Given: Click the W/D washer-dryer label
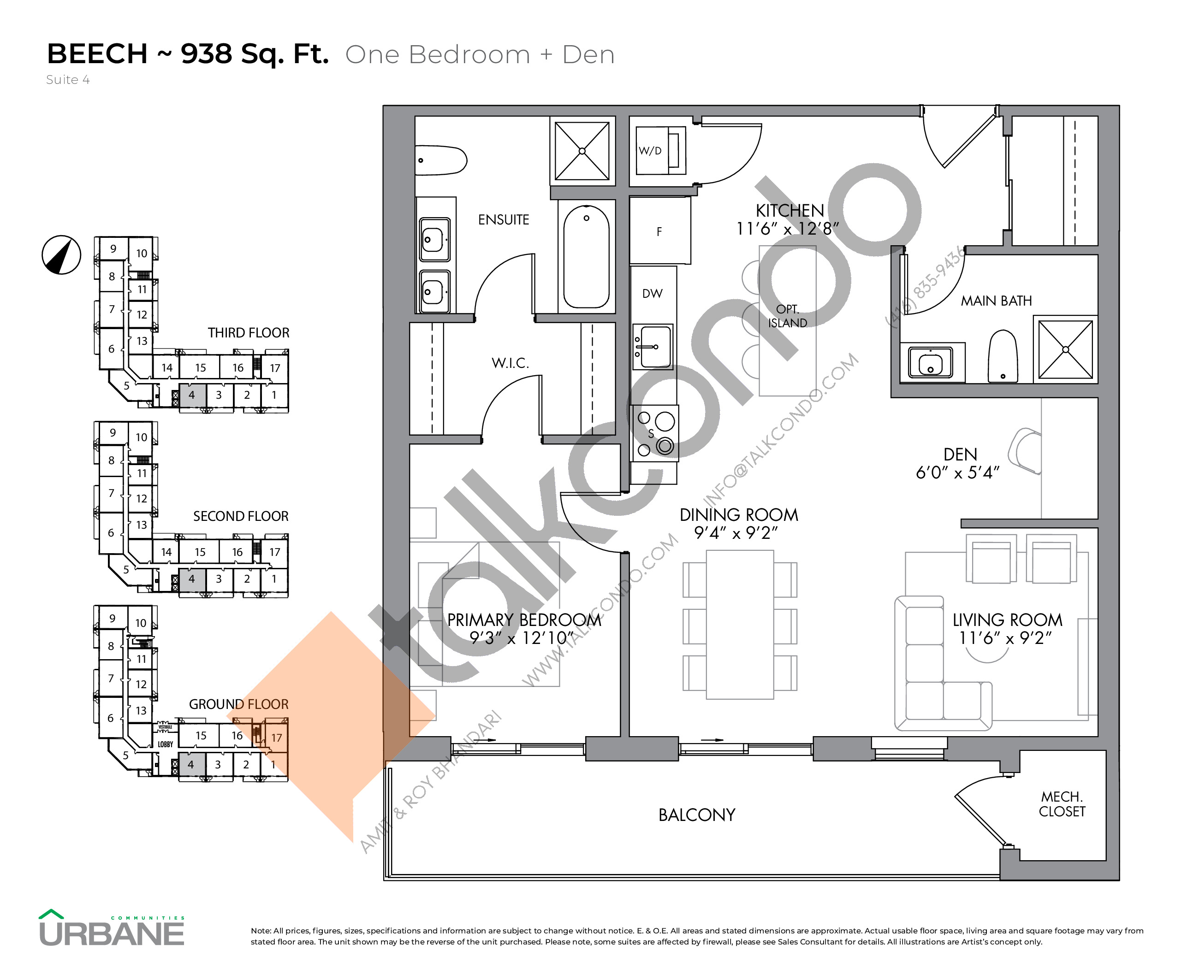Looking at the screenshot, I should coord(650,151).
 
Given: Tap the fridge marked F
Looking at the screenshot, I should coord(659,231).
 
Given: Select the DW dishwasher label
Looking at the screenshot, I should coord(652,293).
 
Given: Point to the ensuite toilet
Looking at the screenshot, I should coord(441,160).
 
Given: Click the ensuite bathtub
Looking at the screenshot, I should coord(586,256).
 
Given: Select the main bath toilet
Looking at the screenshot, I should coord(1003,357).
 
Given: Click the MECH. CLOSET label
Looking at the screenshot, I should coord(1062,804).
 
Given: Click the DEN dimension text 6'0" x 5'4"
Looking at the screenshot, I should coord(957,473).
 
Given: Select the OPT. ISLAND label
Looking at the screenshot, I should coord(787,316).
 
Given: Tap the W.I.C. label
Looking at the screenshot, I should coord(510,363).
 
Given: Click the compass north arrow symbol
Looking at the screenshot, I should coord(61,255).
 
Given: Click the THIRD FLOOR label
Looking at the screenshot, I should coord(248,333).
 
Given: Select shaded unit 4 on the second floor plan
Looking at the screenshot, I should coord(192,579).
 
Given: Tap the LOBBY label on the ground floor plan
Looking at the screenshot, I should coord(165,744).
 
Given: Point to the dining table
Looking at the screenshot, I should coord(740,625).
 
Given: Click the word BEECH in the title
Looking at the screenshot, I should coord(97,54).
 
